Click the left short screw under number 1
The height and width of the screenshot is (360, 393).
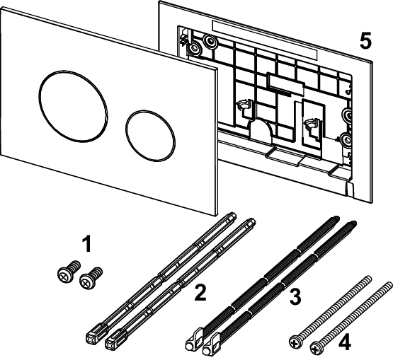tap(65, 272)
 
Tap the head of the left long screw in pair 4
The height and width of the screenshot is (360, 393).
tap(294, 342)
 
